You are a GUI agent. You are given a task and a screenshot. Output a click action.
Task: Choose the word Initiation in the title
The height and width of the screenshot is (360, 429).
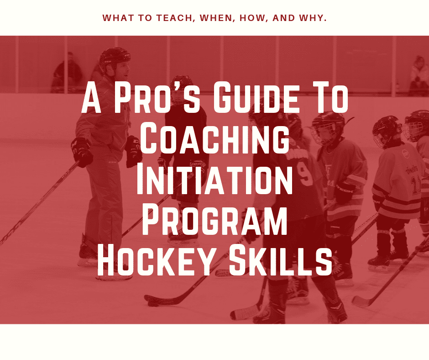[215, 179]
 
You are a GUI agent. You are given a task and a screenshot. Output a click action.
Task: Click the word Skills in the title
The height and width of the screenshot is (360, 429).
[280, 260]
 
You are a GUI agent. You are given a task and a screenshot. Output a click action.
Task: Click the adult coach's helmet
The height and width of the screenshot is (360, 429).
[115, 56]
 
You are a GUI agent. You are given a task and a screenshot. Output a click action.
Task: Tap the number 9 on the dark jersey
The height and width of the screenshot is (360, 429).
[304, 173]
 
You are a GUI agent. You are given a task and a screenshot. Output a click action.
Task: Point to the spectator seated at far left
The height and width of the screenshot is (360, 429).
[67, 73]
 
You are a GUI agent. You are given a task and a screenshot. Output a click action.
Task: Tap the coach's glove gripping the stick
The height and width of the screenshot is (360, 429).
[82, 152]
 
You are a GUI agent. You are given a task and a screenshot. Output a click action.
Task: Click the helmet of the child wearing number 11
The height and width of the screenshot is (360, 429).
[387, 132]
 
